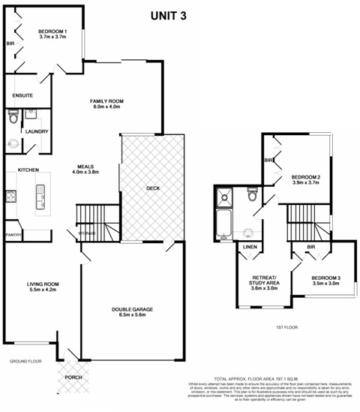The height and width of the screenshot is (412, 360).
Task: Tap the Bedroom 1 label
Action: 53,31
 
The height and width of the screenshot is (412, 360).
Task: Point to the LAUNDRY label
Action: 37,132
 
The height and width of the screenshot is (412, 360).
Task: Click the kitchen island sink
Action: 38,199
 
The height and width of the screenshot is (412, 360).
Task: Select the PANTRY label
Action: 13,234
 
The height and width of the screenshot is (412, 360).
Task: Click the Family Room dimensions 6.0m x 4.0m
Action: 106,107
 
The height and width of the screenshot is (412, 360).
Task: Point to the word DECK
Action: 153,188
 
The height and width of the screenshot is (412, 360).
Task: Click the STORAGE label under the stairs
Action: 87,234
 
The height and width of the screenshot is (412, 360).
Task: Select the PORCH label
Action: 73,377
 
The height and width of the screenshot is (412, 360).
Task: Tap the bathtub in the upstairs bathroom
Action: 223,224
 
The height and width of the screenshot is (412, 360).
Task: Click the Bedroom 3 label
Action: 326,279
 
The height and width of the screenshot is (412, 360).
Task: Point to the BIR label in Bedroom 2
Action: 268,160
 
